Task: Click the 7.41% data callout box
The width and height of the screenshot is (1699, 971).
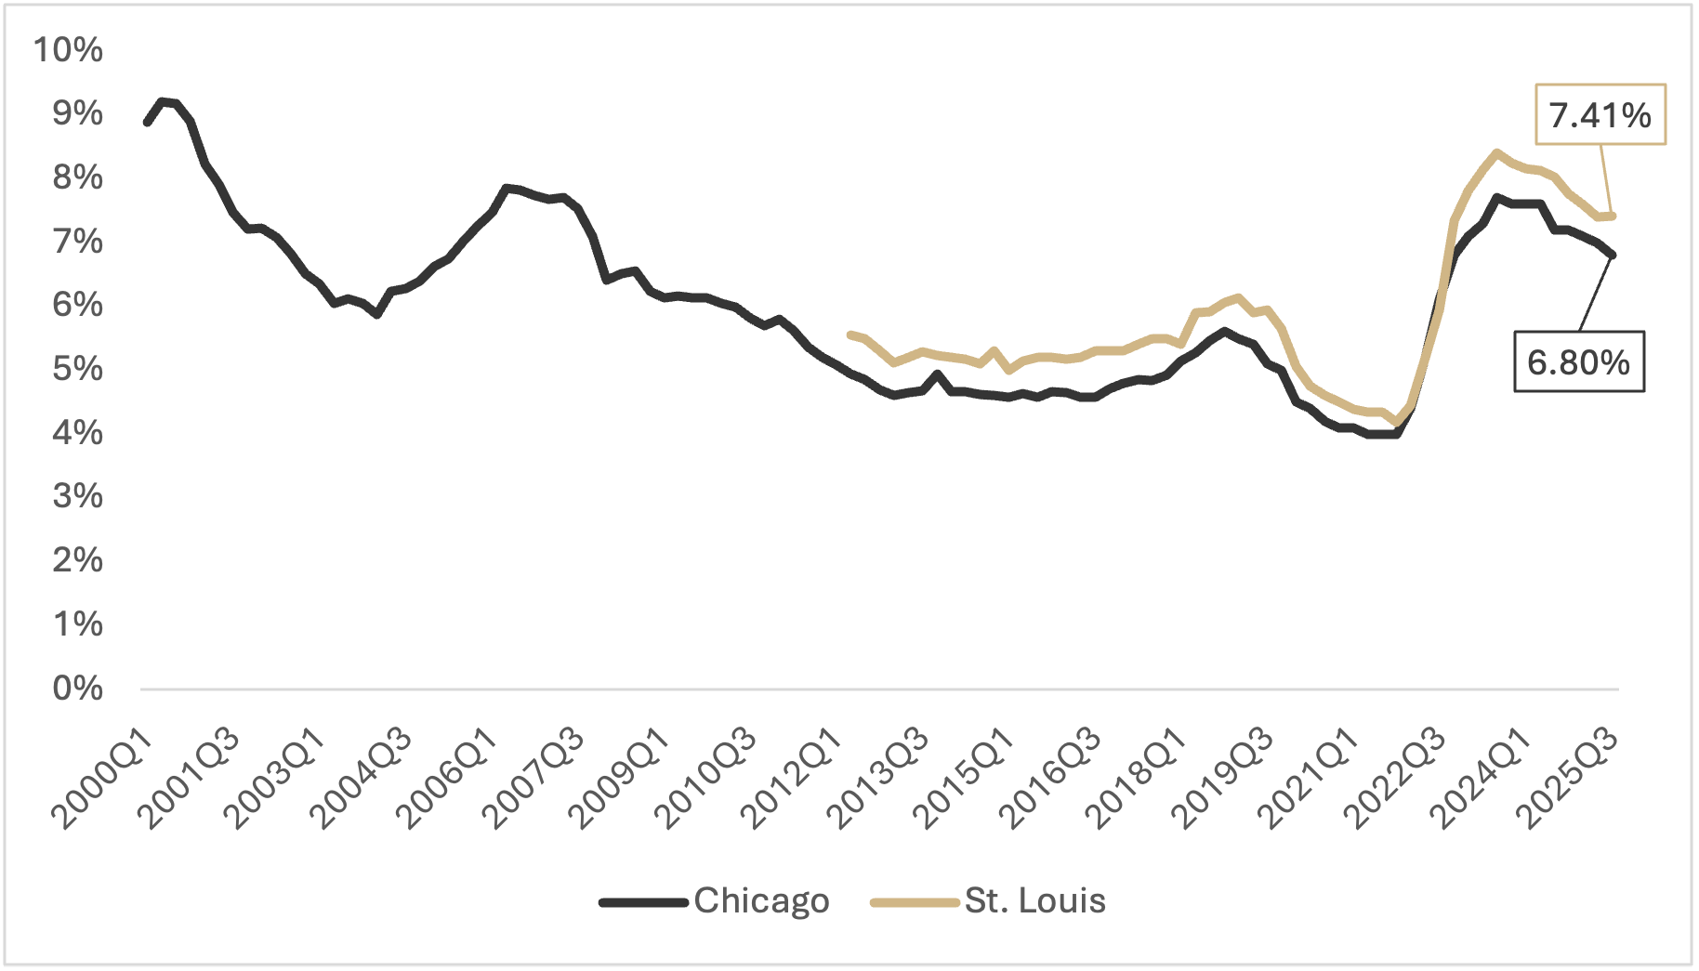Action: click(1600, 115)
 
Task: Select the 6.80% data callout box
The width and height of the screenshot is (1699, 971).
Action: click(1578, 362)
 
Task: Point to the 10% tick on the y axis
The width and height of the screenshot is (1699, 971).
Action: click(68, 49)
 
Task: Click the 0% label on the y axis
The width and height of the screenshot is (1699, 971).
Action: click(77, 689)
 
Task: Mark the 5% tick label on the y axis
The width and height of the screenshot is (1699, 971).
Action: click(77, 369)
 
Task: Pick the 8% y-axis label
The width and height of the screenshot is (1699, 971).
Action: click(77, 177)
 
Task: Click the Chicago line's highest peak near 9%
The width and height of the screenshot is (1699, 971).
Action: click(162, 100)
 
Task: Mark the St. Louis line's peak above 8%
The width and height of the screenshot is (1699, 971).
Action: click(1496, 152)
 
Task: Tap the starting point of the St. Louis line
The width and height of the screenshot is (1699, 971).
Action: click(850, 334)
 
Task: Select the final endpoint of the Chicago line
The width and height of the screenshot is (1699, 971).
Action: click(1613, 255)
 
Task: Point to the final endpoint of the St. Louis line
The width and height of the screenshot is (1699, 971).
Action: click(1614, 216)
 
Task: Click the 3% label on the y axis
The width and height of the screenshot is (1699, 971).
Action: click(77, 496)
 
